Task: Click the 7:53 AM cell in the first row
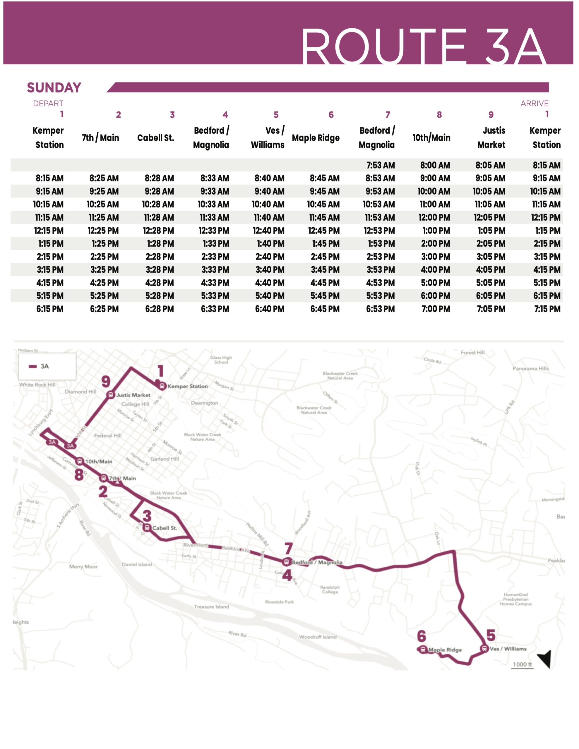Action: coord(380,165)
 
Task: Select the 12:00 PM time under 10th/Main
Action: coord(434,217)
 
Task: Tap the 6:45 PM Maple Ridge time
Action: coord(325,309)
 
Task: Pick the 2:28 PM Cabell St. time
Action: coord(159,257)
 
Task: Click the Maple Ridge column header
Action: coord(316,138)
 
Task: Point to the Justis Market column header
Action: coord(491,138)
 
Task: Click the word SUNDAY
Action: coord(54,88)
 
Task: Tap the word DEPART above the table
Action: coord(48,104)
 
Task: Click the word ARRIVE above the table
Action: coord(534,104)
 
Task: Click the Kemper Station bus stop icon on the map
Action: coord(162,386)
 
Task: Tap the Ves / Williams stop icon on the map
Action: coord(484,649)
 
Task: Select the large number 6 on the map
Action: coord(422,636)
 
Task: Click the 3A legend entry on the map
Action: coord(40,366)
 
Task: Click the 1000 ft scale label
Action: coord(522,664)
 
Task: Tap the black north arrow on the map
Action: coord(545,659)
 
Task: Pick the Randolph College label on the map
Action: coord(330,589)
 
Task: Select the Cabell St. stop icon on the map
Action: coord(147,528)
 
